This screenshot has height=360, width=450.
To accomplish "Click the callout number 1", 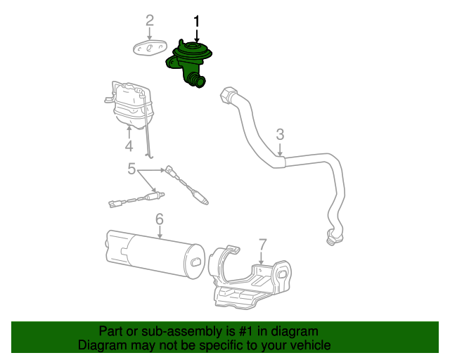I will (197, 21).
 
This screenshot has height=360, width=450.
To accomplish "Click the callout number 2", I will (149, 20).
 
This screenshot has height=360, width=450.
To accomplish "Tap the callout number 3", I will (280, 134).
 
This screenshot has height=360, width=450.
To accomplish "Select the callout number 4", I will (129, 146).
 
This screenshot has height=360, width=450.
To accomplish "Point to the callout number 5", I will (131, 169).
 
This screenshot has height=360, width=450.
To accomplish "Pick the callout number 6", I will (160, 220).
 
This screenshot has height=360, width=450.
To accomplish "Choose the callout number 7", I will (262, 244).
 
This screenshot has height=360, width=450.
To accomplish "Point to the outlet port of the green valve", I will (199, 83).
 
